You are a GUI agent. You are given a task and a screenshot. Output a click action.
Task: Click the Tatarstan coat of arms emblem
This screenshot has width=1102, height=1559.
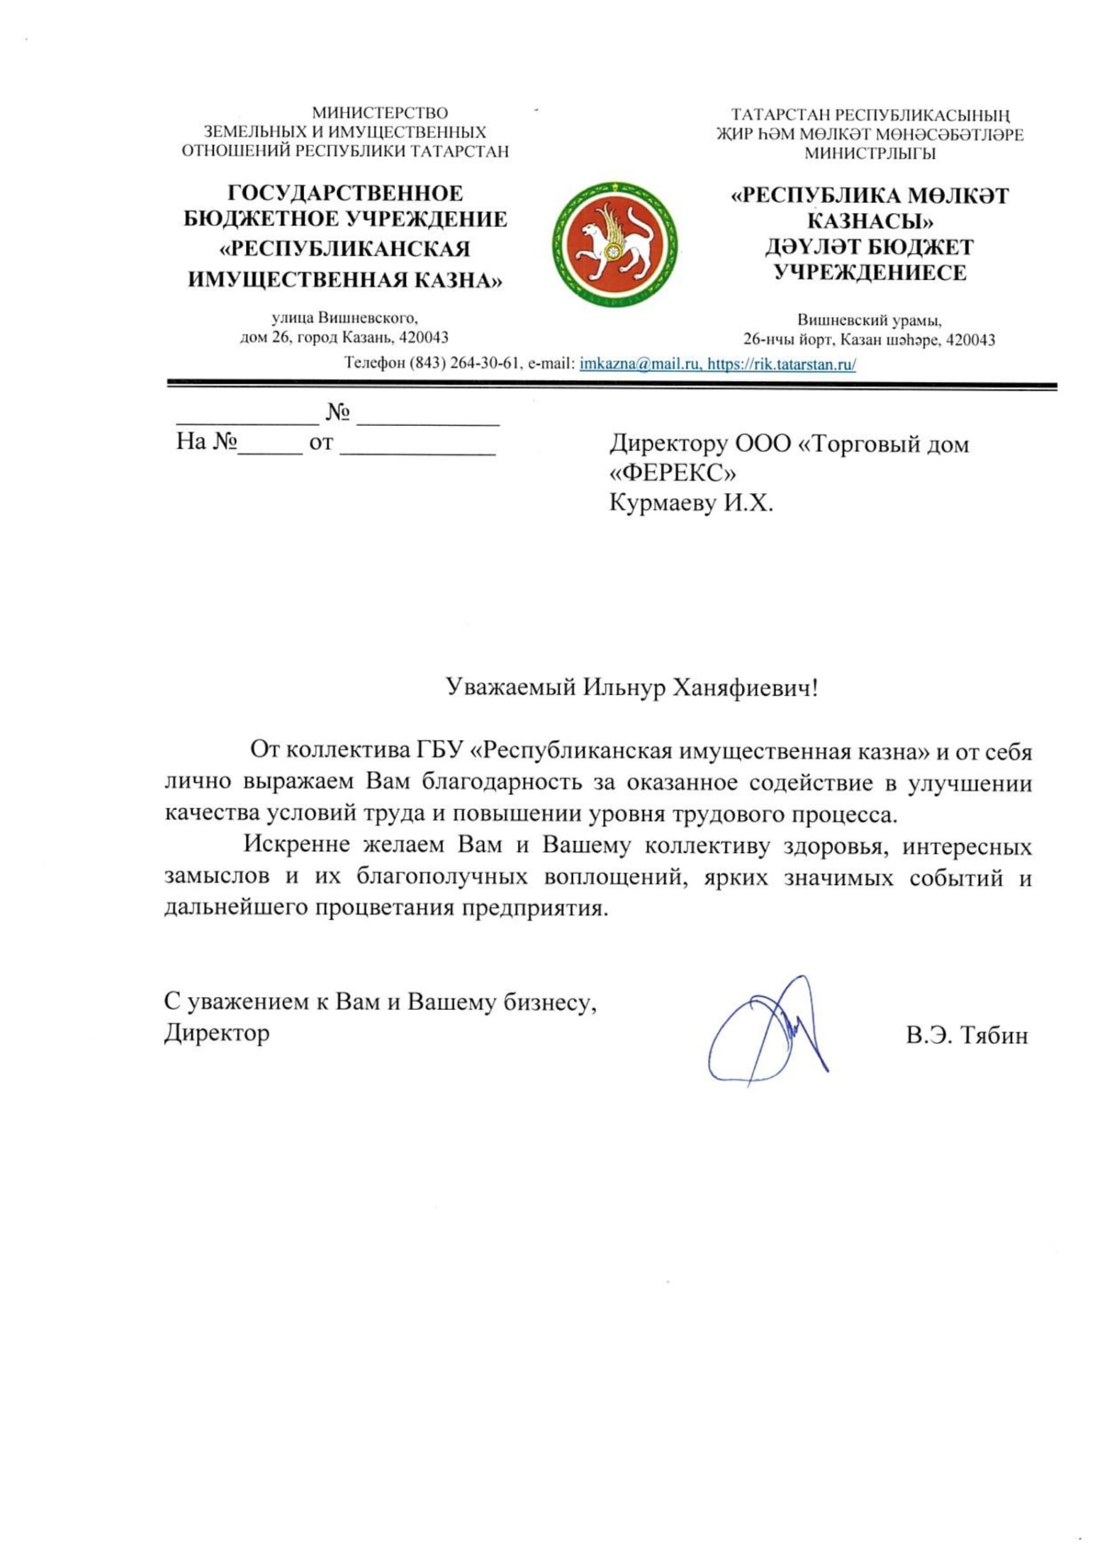614,244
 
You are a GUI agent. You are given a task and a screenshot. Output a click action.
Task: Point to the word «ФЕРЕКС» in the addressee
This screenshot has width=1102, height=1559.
672,473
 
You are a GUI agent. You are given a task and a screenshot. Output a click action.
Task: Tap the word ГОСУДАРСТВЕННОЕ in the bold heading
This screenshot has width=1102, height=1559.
345,193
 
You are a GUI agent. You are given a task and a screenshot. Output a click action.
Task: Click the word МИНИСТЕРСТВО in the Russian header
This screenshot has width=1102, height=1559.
380,113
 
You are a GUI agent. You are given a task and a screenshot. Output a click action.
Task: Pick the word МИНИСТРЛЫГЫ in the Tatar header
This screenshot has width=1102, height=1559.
870,153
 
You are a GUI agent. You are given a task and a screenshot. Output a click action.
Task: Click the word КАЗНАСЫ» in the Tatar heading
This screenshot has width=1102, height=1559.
870,222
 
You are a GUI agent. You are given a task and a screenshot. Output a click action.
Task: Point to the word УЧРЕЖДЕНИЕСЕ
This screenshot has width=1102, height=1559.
870,273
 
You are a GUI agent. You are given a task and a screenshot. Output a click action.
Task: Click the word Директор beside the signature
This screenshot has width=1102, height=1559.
217,1032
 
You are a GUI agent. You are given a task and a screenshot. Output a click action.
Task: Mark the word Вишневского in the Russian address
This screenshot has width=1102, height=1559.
367,318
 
